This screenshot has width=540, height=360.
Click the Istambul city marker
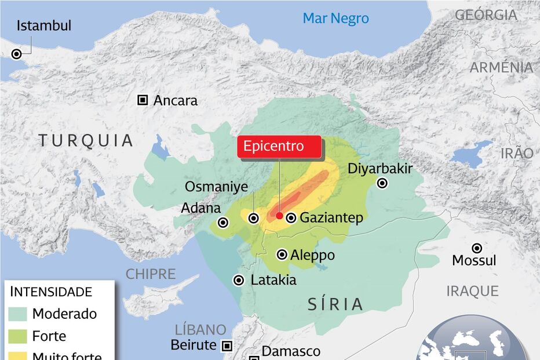coord(17,53)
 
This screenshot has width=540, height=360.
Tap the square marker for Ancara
coord(143,100)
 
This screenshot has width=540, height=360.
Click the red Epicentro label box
coord(279,146)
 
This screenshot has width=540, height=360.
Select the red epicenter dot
coord(279,216)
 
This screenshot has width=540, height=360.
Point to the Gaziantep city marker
coord(291,218)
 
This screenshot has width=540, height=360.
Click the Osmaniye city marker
coord(254,218)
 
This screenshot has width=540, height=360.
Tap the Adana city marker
coord(223,222)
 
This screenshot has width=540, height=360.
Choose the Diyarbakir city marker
coord(382,183)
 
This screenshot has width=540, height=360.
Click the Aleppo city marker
coord(282,254)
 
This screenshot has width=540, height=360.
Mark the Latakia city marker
coord(239,280)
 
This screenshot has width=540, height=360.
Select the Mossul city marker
coord(476,248)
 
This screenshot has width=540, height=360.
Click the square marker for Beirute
coord(227,346)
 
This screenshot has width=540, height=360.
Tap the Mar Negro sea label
coord(335,19)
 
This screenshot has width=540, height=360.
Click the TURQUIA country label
coord(86,140)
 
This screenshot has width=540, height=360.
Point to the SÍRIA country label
coord(335,304)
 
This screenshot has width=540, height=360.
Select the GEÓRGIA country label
coord(486,15)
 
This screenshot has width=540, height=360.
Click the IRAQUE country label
coord(472,290)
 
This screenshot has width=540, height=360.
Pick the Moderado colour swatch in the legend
coord(18,314)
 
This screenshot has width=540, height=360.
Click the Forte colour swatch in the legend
coord(18,336)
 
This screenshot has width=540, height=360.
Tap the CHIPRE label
coord(151,274)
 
